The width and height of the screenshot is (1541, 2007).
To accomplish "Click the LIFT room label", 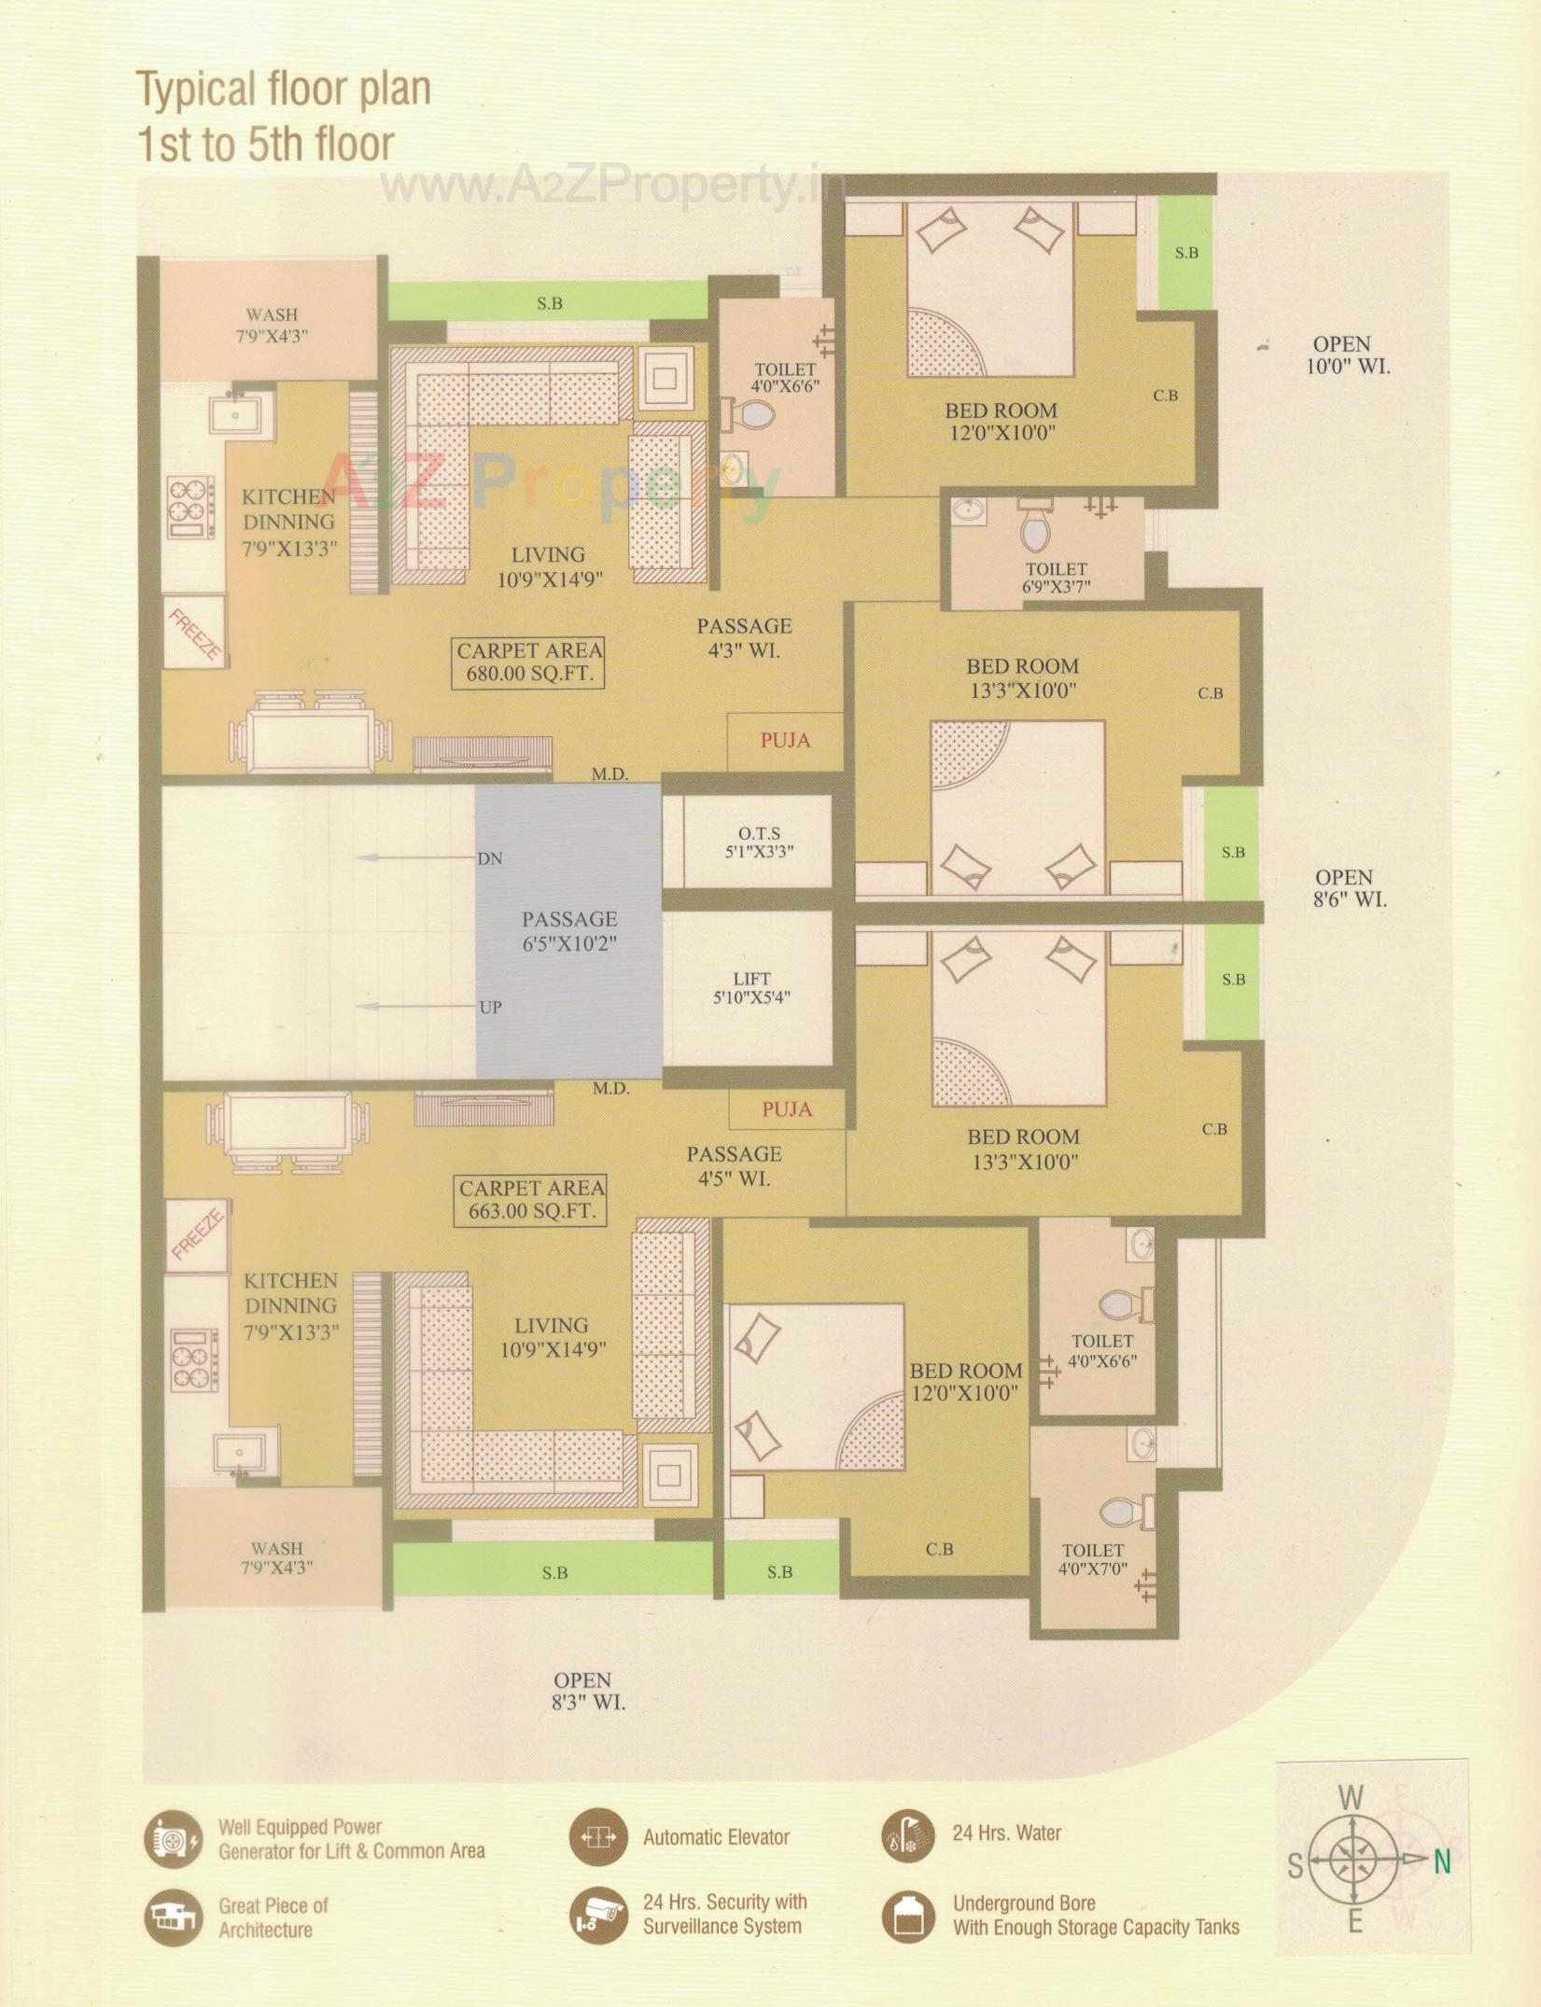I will pyautogui.click(x=751, y=987).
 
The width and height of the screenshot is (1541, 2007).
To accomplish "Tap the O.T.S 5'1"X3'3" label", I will pyautogui.click(x=758, y=842).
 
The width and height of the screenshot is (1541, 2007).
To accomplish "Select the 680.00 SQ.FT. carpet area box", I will pyautogui.click(x=529, y=662).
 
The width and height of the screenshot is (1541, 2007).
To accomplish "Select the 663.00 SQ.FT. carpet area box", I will pyautogui.click(x=531, y=1200).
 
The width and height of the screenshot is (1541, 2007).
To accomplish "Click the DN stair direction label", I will pyautogui.click(x=490, y=858).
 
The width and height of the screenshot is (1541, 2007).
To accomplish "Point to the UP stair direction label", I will pyautogui.click(x=490, y=1007).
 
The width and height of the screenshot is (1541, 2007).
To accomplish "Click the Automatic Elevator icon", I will pyautogui.click(x=595, y=1836).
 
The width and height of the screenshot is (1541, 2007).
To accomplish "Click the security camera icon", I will pyautogui.click(x=595, y=1912).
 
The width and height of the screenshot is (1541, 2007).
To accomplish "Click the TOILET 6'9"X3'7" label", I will pyautogui.click(x=1057, y=578).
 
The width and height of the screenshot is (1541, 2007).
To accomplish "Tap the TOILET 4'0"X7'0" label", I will pyautogui.click(x=1092, y=1559).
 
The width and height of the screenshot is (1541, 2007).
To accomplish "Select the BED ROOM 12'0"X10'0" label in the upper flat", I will pyautogui.click(x=1001, y=421).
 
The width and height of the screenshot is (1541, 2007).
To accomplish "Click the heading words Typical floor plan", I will pyautogui.click(x=284, y=90).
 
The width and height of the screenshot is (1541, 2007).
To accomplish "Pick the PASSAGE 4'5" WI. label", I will pyautogui.click(x=734, y=1166).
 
